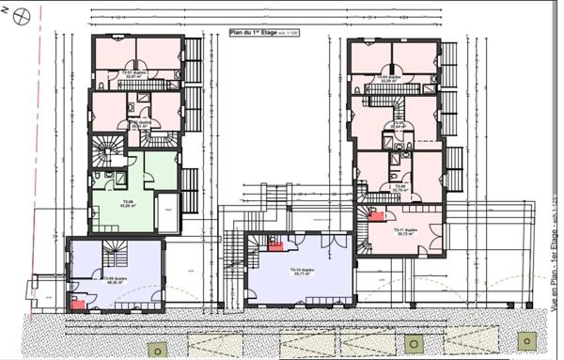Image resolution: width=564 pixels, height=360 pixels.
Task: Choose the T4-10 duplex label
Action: point(300,273)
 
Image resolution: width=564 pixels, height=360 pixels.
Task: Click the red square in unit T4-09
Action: point(78,304)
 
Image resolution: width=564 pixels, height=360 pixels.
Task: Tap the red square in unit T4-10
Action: point(275,246)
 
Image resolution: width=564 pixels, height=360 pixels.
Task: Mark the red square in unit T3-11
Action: point(376,216)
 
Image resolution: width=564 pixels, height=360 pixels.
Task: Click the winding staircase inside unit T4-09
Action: point(88,255)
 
